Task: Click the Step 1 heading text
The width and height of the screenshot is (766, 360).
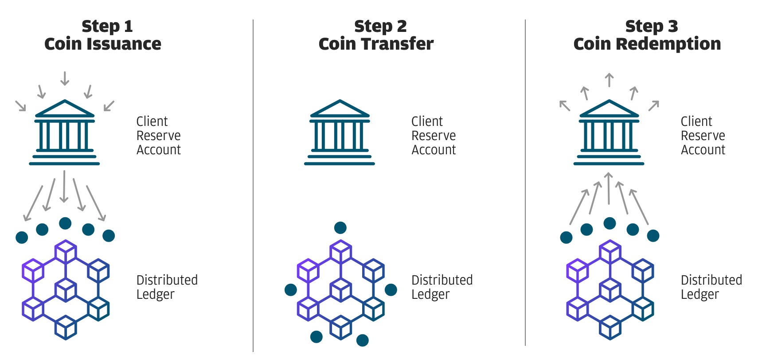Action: click(x=107, y=27)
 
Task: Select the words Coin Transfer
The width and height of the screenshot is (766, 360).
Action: click(x=376, y=44)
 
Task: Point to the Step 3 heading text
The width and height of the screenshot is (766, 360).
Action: click(x=652, y=27)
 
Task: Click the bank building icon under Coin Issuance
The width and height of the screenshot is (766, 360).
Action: click(x=64, y=132)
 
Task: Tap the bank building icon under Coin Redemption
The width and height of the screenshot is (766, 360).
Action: click(x=609, y=132)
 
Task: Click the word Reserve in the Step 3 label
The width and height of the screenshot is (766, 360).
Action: click(x=703, y=135)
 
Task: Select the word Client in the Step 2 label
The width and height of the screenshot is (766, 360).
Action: click(x=427, y=121)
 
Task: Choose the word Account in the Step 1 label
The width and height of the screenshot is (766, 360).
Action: click(x=159, y=150)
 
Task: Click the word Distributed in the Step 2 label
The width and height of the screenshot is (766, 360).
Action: click(x=442, y=280)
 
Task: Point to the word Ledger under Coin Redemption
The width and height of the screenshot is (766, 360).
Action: click(x=700, y=294)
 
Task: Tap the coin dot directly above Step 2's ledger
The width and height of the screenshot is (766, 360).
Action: click(x=340, y=228)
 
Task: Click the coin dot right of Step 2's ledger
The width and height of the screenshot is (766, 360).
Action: click(x=391, y=290)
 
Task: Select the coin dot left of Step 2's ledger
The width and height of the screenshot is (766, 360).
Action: click(x=291, y=290)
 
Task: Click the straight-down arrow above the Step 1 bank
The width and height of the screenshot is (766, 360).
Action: click(x=65, y=78)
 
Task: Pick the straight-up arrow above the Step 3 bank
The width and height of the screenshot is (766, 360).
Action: click(x=610, y=80)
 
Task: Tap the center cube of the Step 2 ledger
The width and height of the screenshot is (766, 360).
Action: click(x=341, y=290)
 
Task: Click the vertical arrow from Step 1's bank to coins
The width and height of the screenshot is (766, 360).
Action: click(x=64, y=186)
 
